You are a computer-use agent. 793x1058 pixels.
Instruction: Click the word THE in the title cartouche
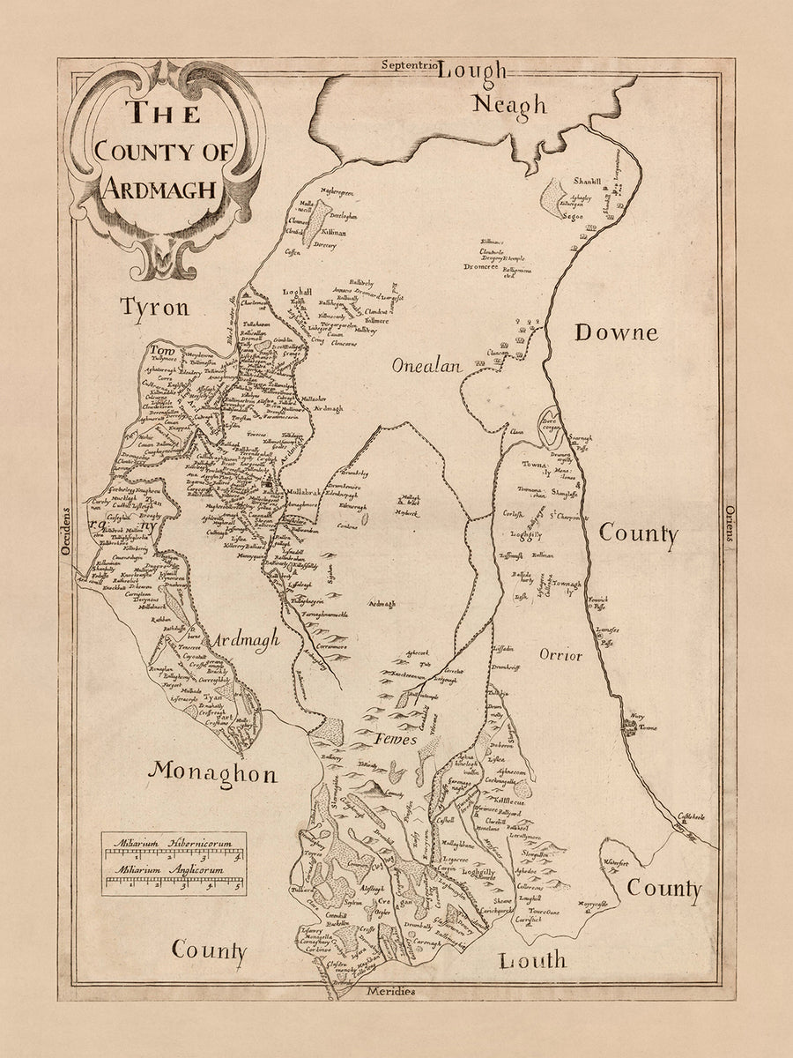pyautogui.click(x=163, y=113)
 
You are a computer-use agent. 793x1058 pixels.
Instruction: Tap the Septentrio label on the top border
pyautogui.click(x=410, y=65)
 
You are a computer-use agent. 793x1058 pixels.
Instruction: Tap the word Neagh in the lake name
pyautogui.click(x=509, y=106)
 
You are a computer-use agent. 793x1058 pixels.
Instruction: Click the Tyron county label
pyautogui.click(x=155, y=308)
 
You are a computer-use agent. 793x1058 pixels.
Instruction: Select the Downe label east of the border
pyautogui.click(x=616, y=332)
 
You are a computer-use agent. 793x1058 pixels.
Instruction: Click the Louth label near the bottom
pyautogui.click(x=532, y=960)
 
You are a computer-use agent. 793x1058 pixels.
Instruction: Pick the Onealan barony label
pyautogui.click(x=428, y=368)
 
